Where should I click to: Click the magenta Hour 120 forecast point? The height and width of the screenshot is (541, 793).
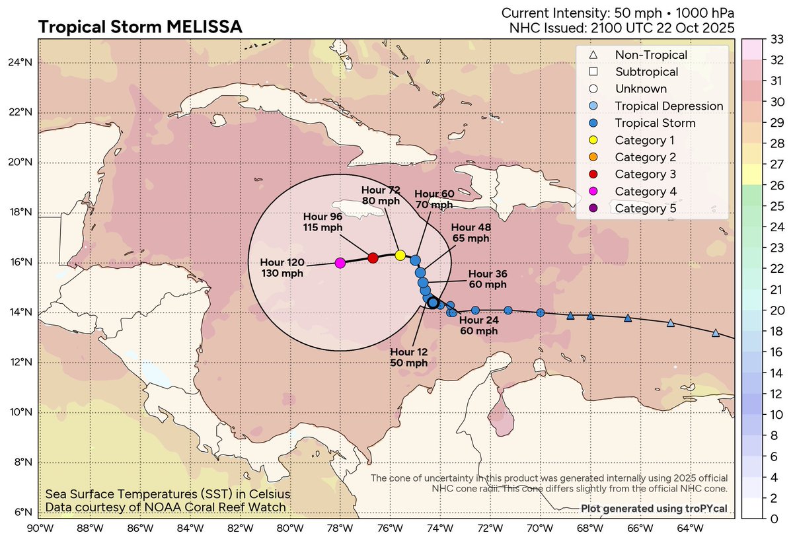[340, 263]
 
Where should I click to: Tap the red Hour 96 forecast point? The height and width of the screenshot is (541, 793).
[373, 258]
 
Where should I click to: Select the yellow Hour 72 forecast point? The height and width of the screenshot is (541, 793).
[400, 255]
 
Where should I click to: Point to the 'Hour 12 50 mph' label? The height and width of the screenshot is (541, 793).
[408, 357]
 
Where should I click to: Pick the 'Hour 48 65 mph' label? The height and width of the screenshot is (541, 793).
[471, 233]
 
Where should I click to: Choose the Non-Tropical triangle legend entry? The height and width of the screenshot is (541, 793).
[641, 55]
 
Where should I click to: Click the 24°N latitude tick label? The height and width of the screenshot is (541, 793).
[20, 63]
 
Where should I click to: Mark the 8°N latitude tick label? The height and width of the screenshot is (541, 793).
[22, 462]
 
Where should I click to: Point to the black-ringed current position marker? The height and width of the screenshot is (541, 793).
[433, 303]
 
